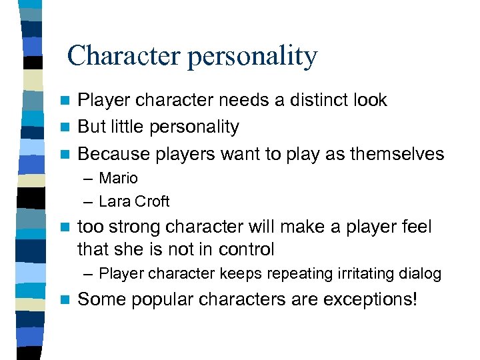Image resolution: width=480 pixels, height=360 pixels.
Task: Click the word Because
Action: (x=113, y=154)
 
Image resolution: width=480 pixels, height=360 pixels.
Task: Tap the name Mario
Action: (x=118, y=178)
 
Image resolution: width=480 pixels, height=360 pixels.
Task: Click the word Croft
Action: (x=151, y=201)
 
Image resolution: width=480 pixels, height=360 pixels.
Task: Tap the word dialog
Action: (x=420, y=273)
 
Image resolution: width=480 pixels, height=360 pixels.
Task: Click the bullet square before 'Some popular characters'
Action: (x=64, y=299)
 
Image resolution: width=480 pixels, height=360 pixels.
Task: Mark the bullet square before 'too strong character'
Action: (x=64, y=227)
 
